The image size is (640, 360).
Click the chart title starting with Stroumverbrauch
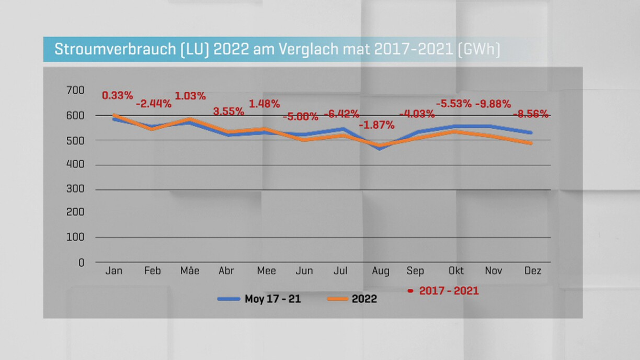click(277, 50)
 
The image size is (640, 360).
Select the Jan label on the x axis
click(114, 271)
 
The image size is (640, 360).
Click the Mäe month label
click(190, 271)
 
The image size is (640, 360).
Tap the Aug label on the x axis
click(380, 271)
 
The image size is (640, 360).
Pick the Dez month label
click(532, 271)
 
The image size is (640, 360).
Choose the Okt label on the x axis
click(456, 271)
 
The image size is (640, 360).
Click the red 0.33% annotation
click(117, 95)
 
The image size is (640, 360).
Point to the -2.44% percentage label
click(154, 104)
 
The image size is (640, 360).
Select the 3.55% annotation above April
click(228, 111)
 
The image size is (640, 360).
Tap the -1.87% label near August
click(376, 125)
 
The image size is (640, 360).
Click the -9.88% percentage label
click(493, 104)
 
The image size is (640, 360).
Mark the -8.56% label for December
click(530, 114)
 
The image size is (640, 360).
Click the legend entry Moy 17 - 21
click(272, 299)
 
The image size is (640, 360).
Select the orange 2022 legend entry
click(364, 299)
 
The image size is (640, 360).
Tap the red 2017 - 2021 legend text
click(449, 290)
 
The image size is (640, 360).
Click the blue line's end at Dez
click(531, 133)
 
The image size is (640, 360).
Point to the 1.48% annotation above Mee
click(264, 104)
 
